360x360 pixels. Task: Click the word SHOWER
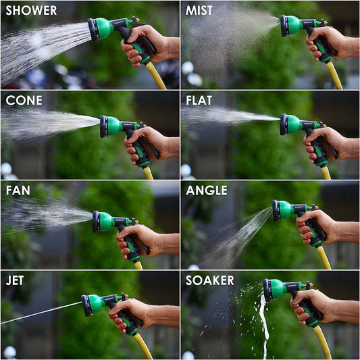point(31,11)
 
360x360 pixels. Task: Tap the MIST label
point(199,11)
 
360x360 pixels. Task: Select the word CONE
point(24,101)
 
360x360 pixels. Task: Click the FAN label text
point(18,190)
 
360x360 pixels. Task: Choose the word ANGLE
point(207,190)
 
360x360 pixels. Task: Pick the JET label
point(17,280)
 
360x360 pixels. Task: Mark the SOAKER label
point(210,280)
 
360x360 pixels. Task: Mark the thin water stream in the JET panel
point(41,312)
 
